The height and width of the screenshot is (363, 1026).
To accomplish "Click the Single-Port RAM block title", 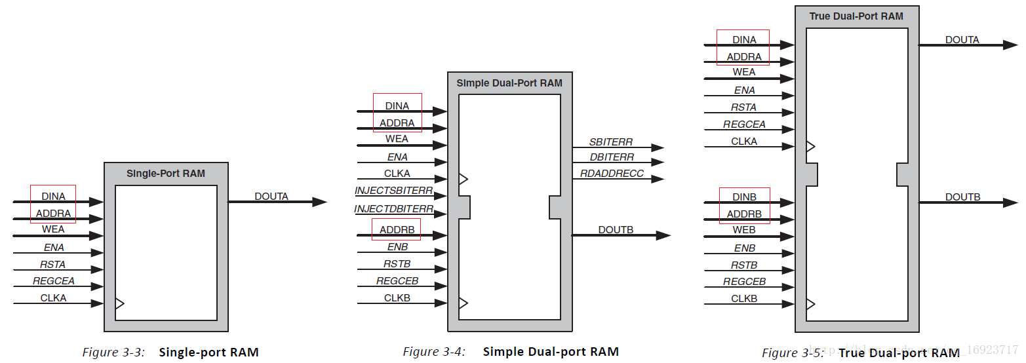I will [166, 174].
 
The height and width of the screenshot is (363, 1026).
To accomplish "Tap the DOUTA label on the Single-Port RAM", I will [271, 196].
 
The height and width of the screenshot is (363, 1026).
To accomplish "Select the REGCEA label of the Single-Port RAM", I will [54, 281].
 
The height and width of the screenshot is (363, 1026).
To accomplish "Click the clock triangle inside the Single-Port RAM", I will [119, 303].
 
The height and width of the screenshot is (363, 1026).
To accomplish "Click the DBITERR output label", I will [611, 157].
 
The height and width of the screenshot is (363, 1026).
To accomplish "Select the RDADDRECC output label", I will [611, 174].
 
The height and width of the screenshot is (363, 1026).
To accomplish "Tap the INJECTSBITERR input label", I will [393, 191].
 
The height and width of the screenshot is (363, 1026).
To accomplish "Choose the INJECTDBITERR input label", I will [393, 209].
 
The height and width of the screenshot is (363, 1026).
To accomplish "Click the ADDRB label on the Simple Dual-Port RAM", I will [397, 229].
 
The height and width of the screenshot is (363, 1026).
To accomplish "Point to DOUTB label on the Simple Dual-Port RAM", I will [615, 229].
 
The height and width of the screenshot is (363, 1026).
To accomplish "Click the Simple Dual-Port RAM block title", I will [509, 83].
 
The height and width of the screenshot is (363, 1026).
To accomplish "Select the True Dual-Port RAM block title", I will [856, 16].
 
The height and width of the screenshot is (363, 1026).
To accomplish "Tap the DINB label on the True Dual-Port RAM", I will [744, 197].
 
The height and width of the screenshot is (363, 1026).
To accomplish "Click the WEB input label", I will [744, 231].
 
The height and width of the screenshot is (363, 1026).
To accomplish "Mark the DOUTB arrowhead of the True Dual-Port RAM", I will [1010, 203].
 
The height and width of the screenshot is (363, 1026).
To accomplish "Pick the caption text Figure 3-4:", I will [434, 352].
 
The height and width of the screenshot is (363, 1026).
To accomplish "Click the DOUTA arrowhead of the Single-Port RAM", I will [319, 202].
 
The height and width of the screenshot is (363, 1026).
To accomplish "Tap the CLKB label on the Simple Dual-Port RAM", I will [397, 298].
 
